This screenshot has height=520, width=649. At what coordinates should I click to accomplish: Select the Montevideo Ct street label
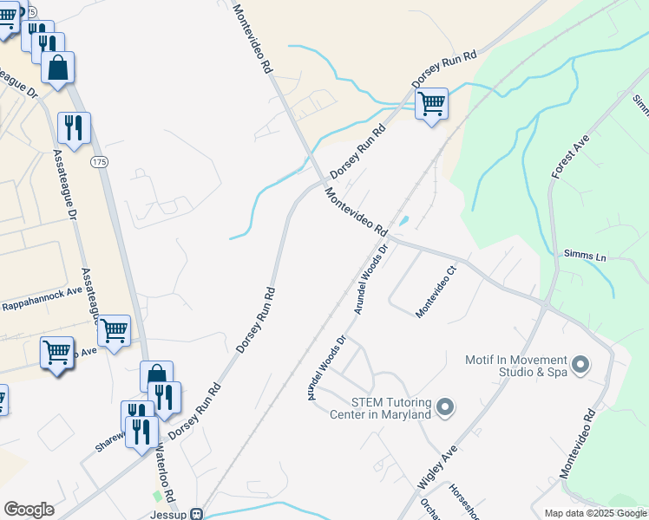click(436, 291)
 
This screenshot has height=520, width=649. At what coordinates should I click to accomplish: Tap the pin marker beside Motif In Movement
click(580, 363)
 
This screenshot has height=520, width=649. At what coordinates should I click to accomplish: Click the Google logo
click(29, 510)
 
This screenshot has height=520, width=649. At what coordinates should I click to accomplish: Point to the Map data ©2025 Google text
click(595, 513)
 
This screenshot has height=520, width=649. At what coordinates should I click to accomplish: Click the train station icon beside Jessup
click(197, 514)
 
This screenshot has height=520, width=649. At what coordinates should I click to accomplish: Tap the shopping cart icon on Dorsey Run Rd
click(431, 104)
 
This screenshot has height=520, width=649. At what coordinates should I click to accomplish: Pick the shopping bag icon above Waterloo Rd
click(156, 377)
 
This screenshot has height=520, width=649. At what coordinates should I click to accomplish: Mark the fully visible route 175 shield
click(99, 162)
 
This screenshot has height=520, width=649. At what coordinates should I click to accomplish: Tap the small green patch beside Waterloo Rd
click(157, 497)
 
